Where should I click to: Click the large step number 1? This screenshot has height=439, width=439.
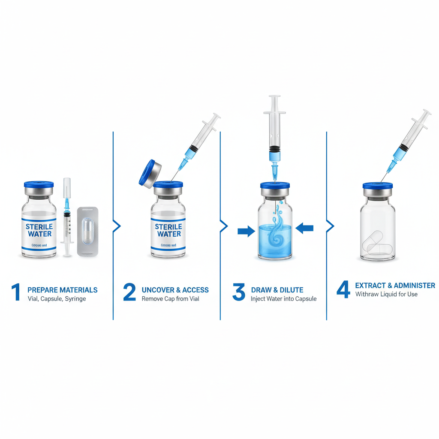click(16, 292)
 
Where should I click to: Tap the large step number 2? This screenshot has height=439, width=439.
click(129, 292)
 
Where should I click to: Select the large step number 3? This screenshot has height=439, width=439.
click(238, 292)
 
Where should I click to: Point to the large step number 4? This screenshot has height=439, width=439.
click(343, 289)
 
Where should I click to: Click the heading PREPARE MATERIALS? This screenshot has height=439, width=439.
click(62, 290)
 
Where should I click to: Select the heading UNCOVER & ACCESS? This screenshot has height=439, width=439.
click(175, 290)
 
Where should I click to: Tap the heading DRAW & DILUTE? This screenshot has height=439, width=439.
click(277, 290)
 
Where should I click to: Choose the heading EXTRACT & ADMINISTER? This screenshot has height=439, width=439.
click(395, 286)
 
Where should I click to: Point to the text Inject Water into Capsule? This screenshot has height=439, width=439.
click(283, 299)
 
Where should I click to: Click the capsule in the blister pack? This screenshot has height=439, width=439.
click(87, 232)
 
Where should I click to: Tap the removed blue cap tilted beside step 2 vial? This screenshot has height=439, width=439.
click(149, 173)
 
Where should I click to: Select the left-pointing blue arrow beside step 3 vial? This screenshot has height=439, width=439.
click(304, 229)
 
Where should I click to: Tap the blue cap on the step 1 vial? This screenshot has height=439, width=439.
click(39, 185)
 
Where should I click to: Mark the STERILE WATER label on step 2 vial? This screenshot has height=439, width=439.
click(168, 230)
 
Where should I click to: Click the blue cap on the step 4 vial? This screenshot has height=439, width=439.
click(377, 186)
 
